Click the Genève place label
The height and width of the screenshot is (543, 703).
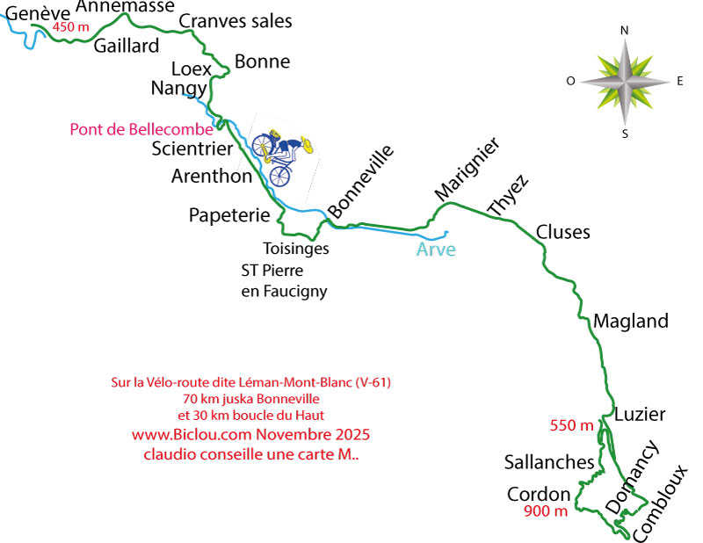[x=26, y=11]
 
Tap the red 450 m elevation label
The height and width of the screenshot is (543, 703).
[x=71, y=27]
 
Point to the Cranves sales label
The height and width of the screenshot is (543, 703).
[x=235, y=21]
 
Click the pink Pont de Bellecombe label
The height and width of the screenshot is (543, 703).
[x=141, y=130]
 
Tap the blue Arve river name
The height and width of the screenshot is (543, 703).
[x=435, y=250]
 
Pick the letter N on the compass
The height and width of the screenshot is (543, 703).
[x=625, y=30]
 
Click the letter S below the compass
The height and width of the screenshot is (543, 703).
[x=625, y=134]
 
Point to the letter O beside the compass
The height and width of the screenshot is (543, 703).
[x=570, y=81]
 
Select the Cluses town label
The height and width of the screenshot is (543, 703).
[x=562, y=233]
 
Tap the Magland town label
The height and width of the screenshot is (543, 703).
[x=631, y=321]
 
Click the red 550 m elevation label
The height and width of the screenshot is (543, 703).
[x=571, y=426]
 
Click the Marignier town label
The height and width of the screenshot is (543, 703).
[x=467, y=168]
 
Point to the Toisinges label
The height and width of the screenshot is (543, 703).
[x=296, y=249]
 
